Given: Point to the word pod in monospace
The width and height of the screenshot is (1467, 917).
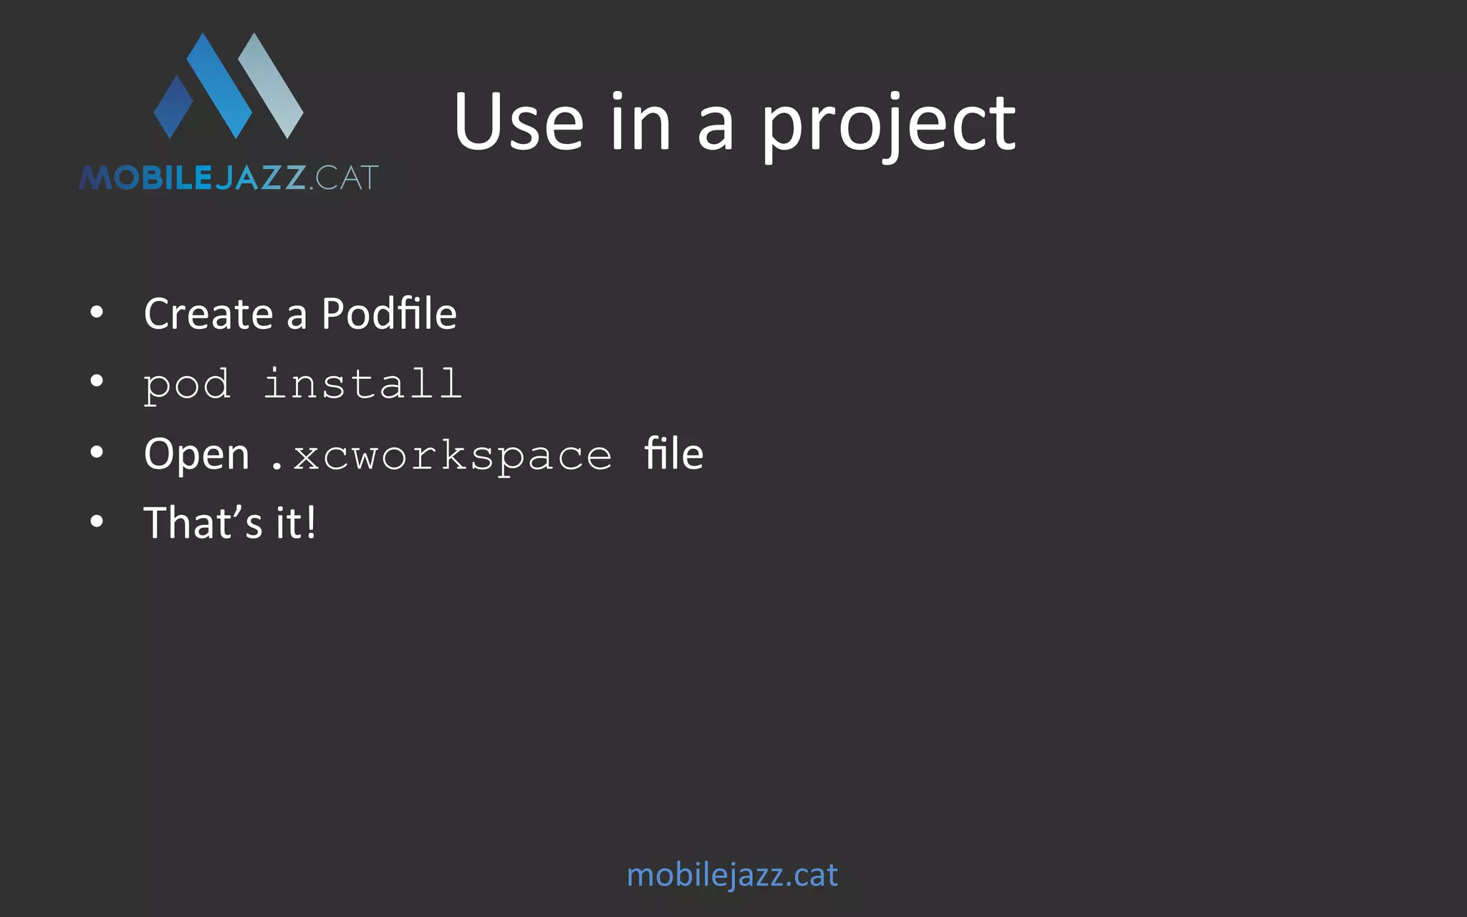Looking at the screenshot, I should [187, 385].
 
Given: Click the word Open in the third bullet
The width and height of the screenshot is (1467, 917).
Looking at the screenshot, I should [196, 455].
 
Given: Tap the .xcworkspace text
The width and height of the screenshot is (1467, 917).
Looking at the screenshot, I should [441, 456].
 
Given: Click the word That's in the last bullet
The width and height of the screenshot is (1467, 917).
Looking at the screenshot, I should [203, 522].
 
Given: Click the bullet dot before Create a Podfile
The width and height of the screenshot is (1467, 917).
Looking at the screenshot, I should [97, 312].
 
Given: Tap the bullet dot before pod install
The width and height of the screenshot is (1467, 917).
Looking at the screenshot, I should [97, 381].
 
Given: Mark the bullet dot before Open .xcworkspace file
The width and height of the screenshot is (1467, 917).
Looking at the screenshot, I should [97, 452].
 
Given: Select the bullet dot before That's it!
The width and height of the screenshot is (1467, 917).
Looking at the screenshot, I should [97, 521].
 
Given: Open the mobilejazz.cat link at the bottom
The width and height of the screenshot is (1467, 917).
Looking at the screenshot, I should [732, 875].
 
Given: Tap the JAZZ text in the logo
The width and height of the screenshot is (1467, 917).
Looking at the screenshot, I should [261, 178].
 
